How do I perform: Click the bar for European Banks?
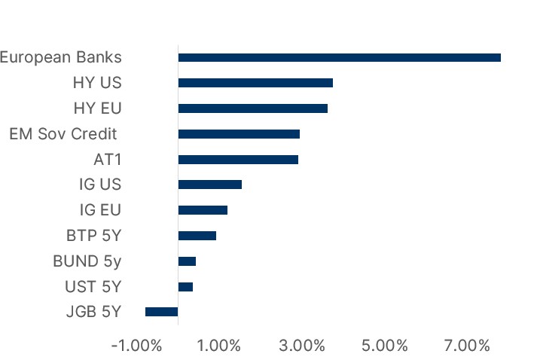[x=339, y=57]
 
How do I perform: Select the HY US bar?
[x=255, y=83]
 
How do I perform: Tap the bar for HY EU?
[x=252, y=108]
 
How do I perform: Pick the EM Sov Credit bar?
[x=239, y=134]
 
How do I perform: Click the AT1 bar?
[x=238, y=160]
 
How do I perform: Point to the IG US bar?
[x=209, y=185]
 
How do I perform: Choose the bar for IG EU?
[x=203, y=210]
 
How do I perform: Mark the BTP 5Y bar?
[x=197, y=236]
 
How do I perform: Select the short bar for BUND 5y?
[x=187, y=261]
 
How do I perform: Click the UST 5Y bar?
[x=185, y=287]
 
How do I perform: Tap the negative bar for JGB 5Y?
[x=161, y=312]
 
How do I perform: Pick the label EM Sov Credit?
[x=63, y=134]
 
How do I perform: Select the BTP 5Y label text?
[x=93, y=236]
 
